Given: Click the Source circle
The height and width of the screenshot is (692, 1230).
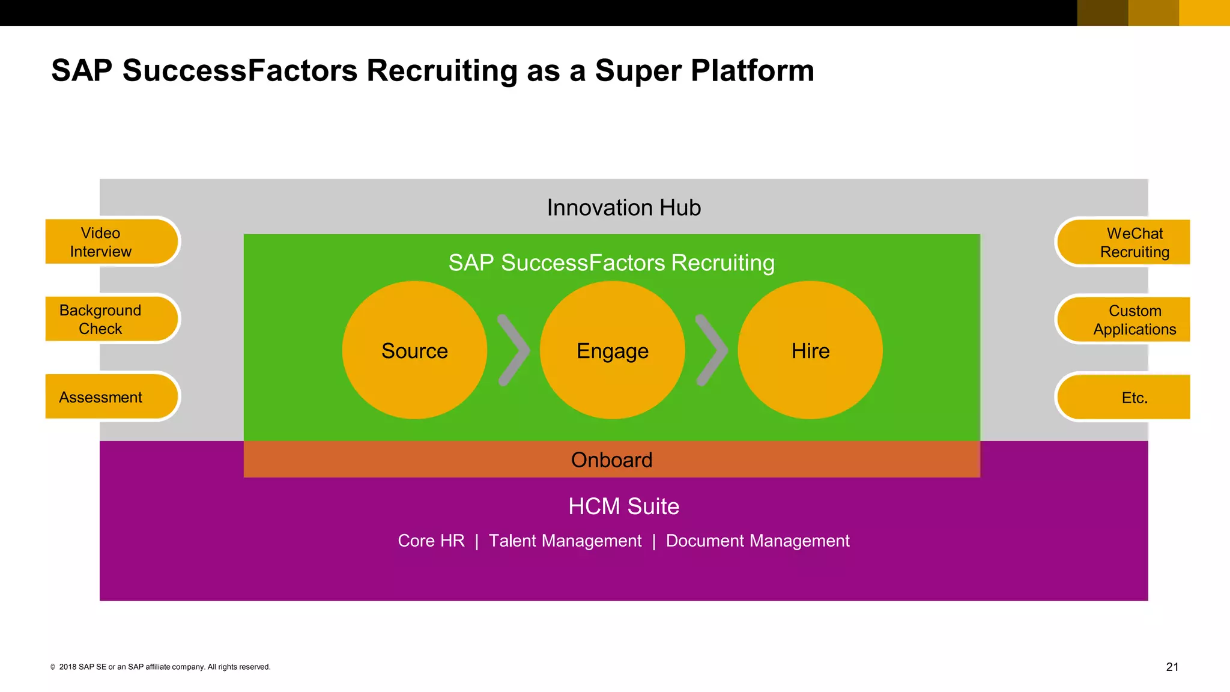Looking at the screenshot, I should click(414, 350).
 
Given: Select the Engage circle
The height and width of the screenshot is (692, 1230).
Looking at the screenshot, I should click(612, 350).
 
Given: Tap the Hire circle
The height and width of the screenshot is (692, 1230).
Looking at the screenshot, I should click(810, 350).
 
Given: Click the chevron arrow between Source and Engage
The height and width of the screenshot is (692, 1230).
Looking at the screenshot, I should click(514, 350).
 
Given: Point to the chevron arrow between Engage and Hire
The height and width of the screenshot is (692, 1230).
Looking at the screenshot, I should click(712, 350).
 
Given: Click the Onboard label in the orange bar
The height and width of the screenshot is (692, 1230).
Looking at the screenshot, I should click(611, 460).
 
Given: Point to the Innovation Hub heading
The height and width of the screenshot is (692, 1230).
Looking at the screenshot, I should click(623, 208).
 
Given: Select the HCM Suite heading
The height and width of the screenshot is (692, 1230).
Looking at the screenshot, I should click(623, 506).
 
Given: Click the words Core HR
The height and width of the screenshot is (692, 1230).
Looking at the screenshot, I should click(431, 541).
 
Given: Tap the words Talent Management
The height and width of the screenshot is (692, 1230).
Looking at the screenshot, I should click(565, 541).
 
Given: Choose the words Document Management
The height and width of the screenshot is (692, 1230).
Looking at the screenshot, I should click(757, 541).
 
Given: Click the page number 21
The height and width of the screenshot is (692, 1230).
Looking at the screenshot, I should click(1172, 667).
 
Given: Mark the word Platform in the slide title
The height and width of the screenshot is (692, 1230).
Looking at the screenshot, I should click(752, 71).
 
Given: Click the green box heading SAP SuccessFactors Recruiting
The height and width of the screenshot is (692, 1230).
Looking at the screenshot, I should click(611, 263).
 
